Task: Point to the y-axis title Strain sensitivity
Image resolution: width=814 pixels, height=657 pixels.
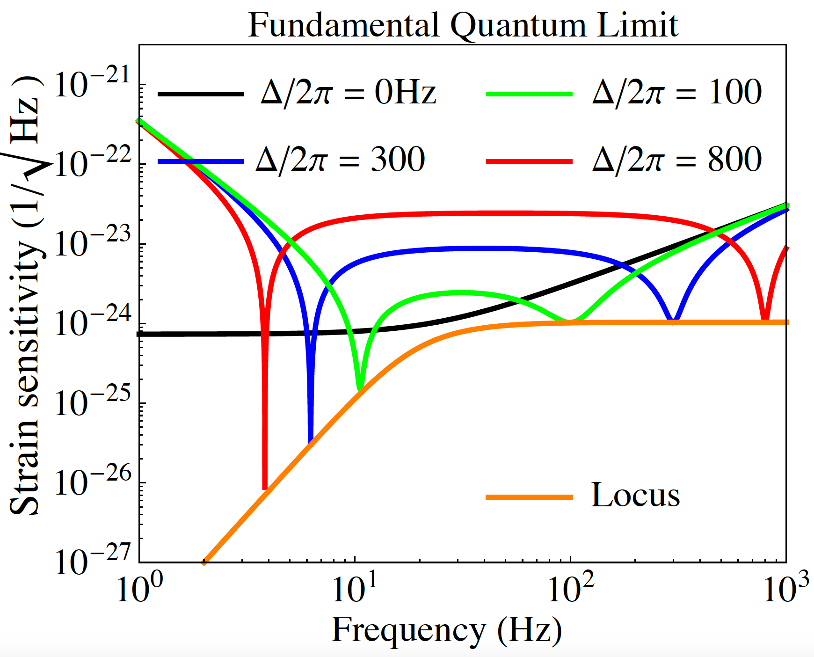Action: coord(24,299)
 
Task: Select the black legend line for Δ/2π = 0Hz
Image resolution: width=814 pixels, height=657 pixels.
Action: coord(201,94)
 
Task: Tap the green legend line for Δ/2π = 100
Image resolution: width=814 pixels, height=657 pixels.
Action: coord(529,94)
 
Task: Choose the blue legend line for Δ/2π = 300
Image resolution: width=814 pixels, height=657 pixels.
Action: coord(201,161)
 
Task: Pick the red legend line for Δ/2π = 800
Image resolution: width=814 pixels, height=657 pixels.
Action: coord(529,161)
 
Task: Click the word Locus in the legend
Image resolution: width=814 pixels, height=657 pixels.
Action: coord(635,495)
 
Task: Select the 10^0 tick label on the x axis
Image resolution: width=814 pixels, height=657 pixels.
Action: coord(139,589)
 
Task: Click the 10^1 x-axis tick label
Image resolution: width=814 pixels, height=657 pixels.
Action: coord(355,589)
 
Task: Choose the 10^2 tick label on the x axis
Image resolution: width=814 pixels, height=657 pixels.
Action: coord(570,589)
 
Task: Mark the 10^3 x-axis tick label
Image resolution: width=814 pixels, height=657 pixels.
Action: coord(786,589)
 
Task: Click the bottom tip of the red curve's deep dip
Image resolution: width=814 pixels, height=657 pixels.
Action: coord(265,488)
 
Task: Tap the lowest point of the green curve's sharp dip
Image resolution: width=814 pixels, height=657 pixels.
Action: coord(360,388)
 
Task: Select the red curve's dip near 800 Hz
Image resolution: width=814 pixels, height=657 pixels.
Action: coord(765,321)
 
